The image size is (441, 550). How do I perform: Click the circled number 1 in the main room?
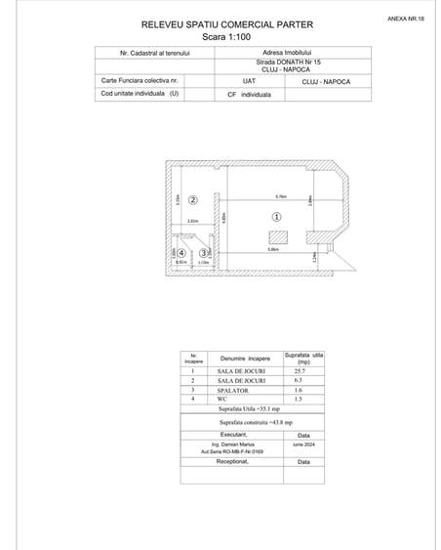click(276, 217)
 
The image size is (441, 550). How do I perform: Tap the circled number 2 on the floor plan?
click(193, 200)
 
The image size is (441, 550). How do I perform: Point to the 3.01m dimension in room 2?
click(193, 223)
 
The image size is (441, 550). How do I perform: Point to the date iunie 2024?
click(303, 443)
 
